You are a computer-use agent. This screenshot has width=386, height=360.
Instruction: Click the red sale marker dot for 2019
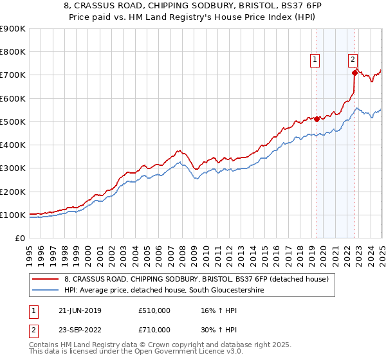click(317, 119)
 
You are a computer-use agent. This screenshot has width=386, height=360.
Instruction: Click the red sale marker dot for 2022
click(354, 73)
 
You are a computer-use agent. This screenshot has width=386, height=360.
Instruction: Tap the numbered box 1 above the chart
click(315, 60)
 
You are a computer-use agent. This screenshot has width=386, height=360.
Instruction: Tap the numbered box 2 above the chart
click(353, 60)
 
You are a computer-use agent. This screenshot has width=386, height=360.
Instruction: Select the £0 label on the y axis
click(19, 238)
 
